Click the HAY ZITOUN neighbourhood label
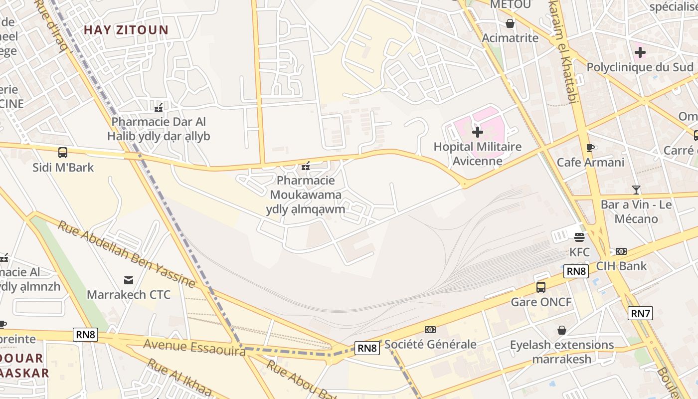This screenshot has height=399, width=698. click(x=126, y=30)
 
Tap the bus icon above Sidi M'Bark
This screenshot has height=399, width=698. click(x=63, y=153)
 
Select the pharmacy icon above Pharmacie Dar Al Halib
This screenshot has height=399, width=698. click(x=159, y=107)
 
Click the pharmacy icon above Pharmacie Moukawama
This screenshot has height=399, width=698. click(x=306, y=166)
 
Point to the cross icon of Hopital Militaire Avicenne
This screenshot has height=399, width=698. click(x=478, y=132)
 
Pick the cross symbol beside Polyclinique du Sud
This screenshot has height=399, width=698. click(x=640, y=52)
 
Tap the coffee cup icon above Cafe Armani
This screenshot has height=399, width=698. click(x=590, y=148)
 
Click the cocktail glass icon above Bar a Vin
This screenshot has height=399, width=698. click(x=636, y=190)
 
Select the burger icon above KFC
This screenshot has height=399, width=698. click(x=579, y=237)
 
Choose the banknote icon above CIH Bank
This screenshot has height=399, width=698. click(x=621, y=251)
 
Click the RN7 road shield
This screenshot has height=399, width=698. click(x=641, y=313)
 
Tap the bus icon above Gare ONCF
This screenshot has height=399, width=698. click(x=541, y=287)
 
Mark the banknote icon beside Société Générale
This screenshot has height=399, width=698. click(x=430, y=330)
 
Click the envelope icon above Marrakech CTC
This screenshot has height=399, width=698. click(x=129, y=280)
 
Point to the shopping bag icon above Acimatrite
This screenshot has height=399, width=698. click(x=510, y=23)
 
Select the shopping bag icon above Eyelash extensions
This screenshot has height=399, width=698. click(x=562, y=330)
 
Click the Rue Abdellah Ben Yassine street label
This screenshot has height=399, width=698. click(x=127, y=254)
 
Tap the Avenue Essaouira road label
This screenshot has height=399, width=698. click(x=194, y=347)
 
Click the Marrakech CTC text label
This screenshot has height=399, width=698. click(x=129, y=294)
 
